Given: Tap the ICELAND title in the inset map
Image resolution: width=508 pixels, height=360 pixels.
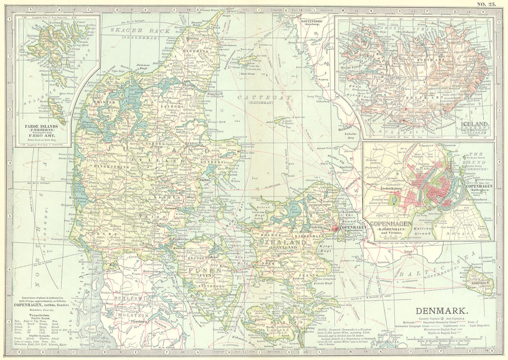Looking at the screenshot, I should [474, 123].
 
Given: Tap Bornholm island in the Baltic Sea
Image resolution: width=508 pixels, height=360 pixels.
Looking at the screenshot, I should [480, 278].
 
